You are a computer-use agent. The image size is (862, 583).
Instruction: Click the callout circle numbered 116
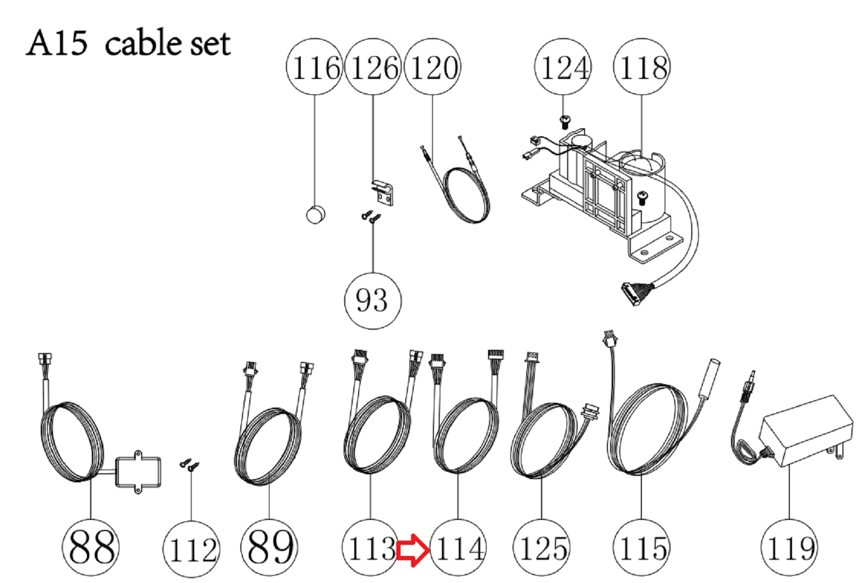315,67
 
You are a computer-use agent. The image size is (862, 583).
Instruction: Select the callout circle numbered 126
372,67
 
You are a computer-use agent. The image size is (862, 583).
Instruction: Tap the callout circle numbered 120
432,67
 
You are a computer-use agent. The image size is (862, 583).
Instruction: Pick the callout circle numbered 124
563,67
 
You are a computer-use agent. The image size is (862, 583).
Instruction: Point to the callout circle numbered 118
641,67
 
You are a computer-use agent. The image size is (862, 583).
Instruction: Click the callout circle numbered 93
372,301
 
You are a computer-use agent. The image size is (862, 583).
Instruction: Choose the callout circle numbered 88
90,547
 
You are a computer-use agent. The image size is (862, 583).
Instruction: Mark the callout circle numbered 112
191,549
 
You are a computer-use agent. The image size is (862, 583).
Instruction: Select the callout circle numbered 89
269,547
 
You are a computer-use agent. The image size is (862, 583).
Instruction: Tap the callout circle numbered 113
370,547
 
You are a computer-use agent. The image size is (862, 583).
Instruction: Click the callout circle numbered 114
458,547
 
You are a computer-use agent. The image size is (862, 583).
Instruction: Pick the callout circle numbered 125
542,547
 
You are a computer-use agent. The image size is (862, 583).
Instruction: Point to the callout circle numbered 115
641,547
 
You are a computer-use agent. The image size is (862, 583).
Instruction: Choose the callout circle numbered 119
789,547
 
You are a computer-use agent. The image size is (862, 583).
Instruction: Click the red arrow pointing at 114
413,550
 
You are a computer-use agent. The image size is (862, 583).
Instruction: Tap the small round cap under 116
316,215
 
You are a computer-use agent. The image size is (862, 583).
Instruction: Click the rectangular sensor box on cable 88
138,472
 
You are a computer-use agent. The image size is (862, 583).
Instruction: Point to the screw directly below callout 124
564,122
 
